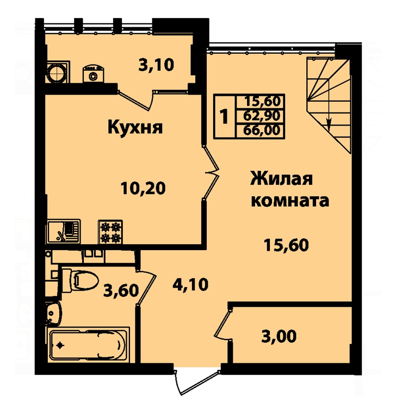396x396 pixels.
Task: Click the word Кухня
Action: pyautogui.click(x=135, y=127)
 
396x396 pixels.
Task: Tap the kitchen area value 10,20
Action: pyautogui.click(x=143, y=188)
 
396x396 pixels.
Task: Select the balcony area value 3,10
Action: pyautogui.click(x=156, y=65)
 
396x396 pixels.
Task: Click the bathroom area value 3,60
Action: pyautogui.click(x=121, y=290)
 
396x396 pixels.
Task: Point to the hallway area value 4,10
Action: pyautogui.click(x=190, y=284)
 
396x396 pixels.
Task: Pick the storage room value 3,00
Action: pyautogui.click(x=279, y=336)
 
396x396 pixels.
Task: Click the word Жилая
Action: pyautogui.click(x=281, y=178)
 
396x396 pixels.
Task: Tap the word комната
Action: pyautogui.click(x=290, y=201)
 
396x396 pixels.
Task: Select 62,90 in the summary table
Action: pyautogui.click(x=262, y=116)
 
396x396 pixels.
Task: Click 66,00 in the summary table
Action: pyautogui.click(x=262, y=131)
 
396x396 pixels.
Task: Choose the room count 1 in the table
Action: pyautogui.click(x=224, y=116)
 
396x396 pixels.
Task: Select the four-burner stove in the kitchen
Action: pyautogui.click(x=110, y=232)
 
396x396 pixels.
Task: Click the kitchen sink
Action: pyautogui.click(x=64, y=232)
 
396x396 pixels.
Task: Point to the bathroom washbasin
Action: pyautogui.click(x=53, y=313)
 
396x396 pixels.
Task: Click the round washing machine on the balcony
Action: pyautogui.click(x=58, y=72)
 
